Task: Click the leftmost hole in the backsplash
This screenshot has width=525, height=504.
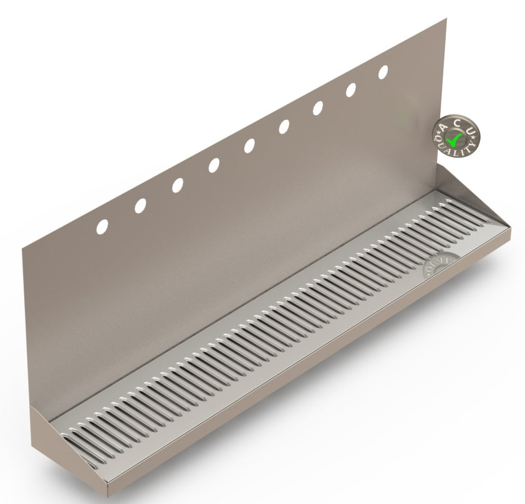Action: [102, 227]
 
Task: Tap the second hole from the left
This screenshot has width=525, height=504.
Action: [140, 206]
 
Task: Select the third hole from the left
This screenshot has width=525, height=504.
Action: [178, 185]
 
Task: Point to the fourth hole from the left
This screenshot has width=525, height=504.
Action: [214, 165]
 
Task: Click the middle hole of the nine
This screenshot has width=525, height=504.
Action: [249, 146]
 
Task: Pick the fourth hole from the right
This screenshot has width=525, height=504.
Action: [284, 126]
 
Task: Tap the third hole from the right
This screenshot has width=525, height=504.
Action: [318, 108]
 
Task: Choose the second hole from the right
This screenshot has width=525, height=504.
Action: [351, 90]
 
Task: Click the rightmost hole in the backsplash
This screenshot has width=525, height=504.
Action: [383, 72]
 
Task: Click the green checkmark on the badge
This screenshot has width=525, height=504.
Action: [457, 137]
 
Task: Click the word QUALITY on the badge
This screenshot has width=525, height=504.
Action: [458, 150]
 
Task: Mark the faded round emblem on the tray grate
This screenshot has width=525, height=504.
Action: [441, 265]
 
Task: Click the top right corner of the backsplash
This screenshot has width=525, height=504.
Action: [446, 19]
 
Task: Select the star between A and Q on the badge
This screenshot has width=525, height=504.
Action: [438, 138]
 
